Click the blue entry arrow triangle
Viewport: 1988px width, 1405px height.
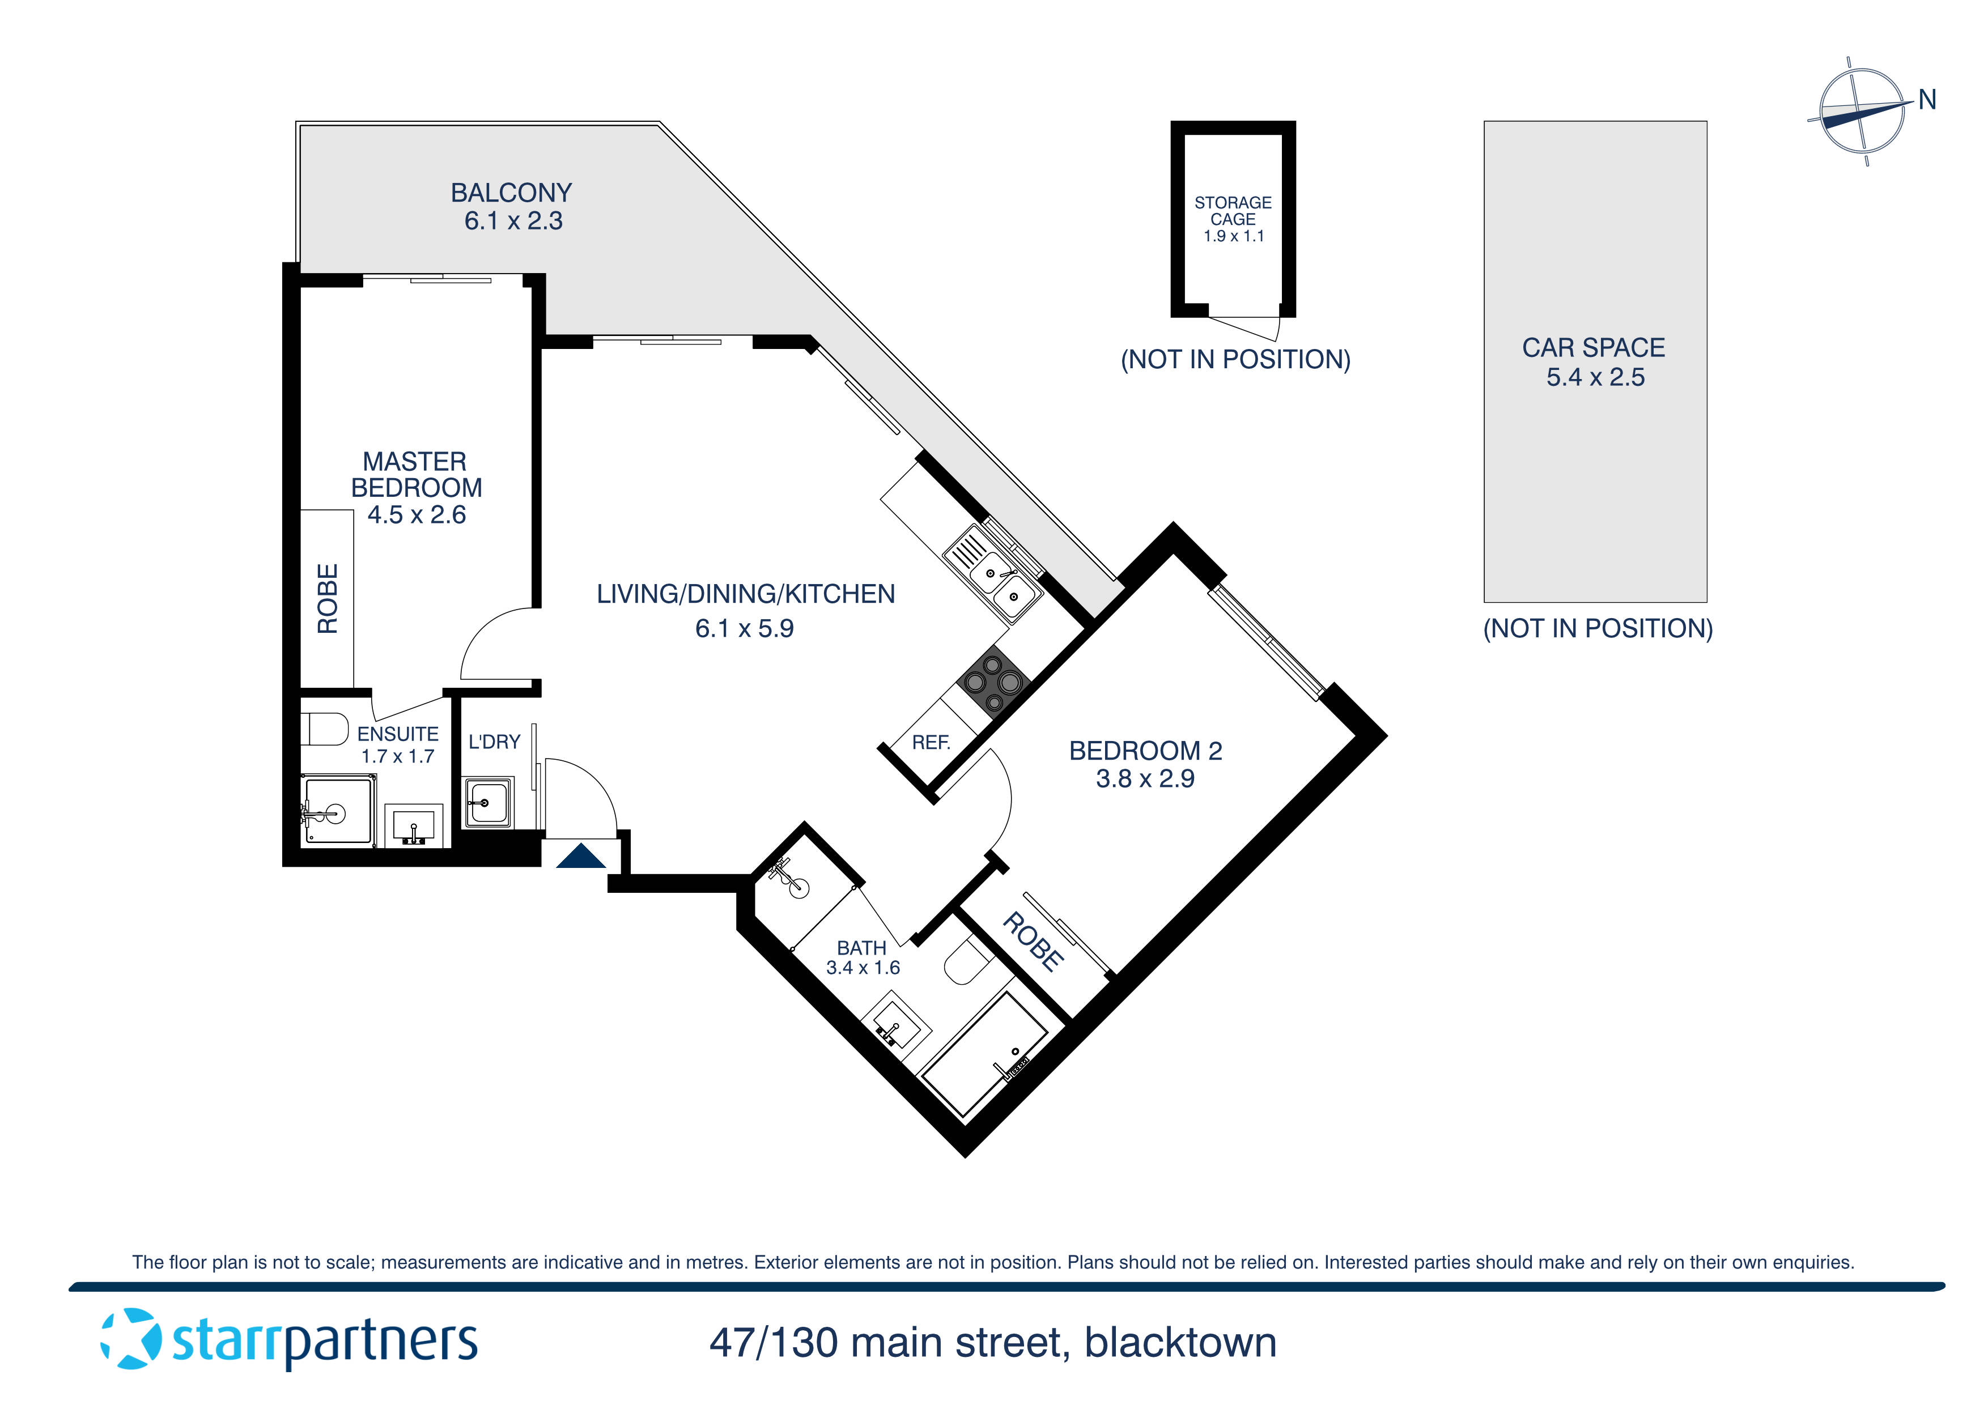point(580,857)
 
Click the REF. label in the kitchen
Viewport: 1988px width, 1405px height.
point(931,743)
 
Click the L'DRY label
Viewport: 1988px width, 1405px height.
point(494,742)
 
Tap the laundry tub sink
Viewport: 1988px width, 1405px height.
point(488,802)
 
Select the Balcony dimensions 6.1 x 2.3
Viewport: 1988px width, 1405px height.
point(513,222)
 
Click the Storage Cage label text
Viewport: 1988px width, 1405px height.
point(1233,211)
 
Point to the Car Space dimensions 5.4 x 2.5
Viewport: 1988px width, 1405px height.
point(1595,377)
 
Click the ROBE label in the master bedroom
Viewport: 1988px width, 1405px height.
point(328,599)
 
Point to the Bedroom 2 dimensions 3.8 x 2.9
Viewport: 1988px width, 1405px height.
point(1145,779)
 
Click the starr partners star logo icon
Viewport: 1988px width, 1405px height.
point(131,1339)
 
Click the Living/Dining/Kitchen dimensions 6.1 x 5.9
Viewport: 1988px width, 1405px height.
point(744,628)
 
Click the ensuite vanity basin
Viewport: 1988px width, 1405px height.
point(414,825)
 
